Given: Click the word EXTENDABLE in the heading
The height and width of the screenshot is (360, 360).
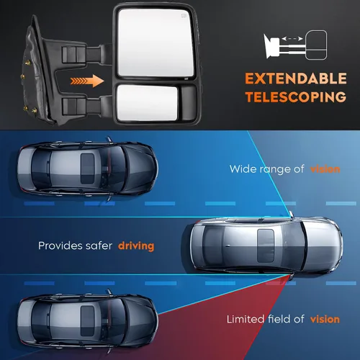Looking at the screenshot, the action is pos(296,78).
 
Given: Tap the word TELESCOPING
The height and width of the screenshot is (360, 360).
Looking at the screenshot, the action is pos(296,97).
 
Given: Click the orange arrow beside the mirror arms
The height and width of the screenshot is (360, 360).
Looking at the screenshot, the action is pos(87,81).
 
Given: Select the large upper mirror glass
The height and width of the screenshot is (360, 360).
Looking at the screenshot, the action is pos(156,43).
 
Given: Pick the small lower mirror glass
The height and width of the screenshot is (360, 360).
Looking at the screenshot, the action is pos(147,103).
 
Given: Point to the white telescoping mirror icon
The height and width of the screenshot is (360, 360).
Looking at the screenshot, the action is pos(295,45).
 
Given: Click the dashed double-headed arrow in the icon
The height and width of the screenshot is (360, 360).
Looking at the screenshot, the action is pos(292,38).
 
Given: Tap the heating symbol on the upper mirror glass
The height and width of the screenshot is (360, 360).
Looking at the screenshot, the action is pos(184,16).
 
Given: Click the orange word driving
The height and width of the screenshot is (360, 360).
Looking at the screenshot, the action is pos(136,246).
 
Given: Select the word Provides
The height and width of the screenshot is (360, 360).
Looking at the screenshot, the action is pos(57,246).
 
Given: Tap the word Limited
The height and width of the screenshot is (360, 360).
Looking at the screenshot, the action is pos(246,319).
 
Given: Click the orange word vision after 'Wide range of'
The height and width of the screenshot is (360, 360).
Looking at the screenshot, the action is pos(325,169).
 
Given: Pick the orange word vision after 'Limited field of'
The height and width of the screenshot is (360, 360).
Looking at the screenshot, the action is pos(325,320).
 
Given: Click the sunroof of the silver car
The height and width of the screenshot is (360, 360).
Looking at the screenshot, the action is pos(266,246).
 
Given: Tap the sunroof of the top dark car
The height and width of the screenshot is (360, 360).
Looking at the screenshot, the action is pos(87,168).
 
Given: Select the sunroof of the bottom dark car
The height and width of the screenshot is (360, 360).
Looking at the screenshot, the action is pos(87,321).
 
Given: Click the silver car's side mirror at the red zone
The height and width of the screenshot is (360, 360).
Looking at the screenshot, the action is pos(291,276).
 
